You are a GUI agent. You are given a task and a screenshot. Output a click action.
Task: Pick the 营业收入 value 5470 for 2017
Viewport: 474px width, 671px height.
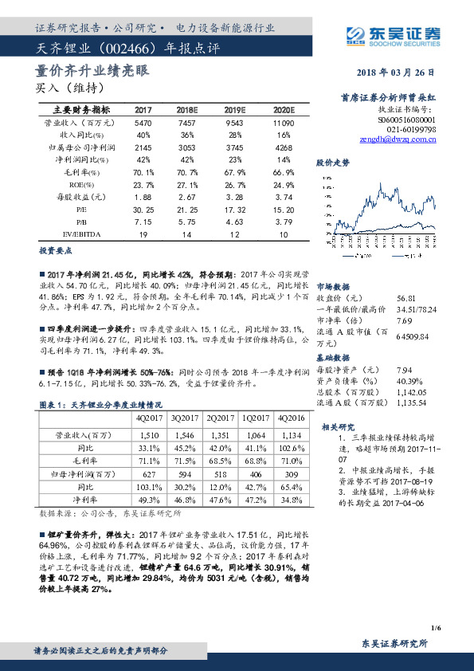pyautogui.click(x=143, y=124)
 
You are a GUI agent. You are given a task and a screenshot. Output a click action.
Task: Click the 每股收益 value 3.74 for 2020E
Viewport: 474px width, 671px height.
pyautogui.click(x=283, y=196)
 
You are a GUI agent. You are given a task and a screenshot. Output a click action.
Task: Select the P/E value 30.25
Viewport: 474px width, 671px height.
pyautogui.click(x=143, y=209)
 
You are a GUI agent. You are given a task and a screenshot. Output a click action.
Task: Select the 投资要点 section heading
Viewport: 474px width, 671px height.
pyautogui.click(x=54, y=250)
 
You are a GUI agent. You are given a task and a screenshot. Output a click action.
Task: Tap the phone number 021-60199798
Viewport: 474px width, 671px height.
pyautogui.click(x=410, y=128)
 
